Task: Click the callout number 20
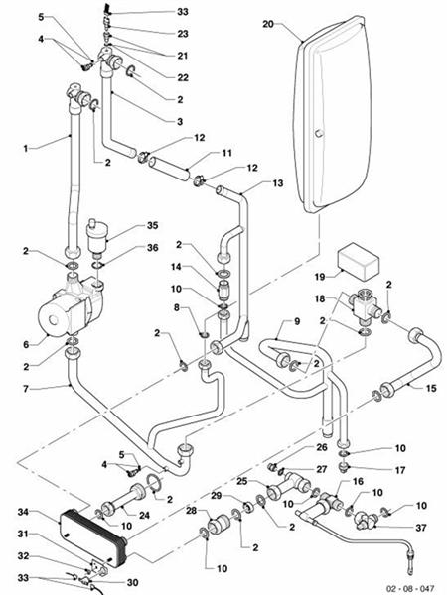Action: click(x=268, y=24)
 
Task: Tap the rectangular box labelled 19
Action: click(x=359, y=262)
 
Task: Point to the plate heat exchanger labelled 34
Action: click(x=93, y=535)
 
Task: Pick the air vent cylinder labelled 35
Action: click(x=97, y=236)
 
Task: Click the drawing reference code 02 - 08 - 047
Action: click(x=409, y=588)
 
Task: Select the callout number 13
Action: click(x=278, y=183)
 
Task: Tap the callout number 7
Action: click(x=26, y=389)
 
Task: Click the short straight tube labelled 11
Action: click(x=169, y=169)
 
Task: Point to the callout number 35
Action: click(x=152, y=225)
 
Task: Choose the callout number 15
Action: click(x=431, y=388)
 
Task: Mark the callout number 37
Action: click(x=421, y=528)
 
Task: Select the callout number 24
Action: click(x=144, y=515)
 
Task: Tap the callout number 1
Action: click(x=25, y=149)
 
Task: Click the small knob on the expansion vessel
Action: click(x=319, y=133)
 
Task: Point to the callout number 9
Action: click(x=297, y=321)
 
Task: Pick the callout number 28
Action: click(x=191, y=511)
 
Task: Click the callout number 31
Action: click(x=23, y=534)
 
